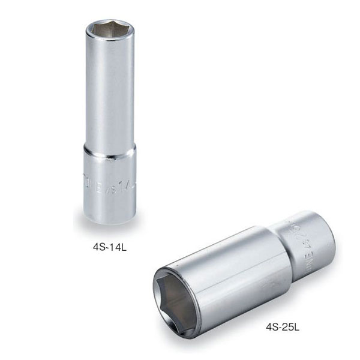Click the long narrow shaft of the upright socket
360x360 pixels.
click(x=108, y=90)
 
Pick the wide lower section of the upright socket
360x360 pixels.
click(x=108, y=186)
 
